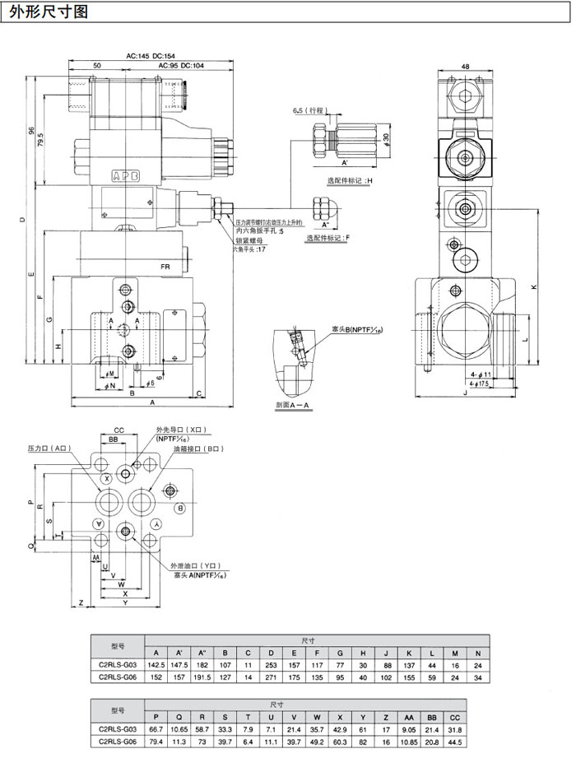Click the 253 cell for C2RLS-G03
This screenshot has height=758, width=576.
click(x=271, y=663)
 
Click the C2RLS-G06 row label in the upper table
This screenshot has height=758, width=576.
click(x=116, y=677)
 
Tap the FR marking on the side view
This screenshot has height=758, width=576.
click(x=165, y=267)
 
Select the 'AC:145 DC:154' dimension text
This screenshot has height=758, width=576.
click(x=151, y=56)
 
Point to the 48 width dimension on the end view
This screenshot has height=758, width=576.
click(x=466, y=67)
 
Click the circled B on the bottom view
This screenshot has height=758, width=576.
click(x=179, y=509)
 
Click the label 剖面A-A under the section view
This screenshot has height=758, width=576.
click(x=293, y=406)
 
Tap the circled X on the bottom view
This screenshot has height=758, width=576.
click(x=107, y=479)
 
